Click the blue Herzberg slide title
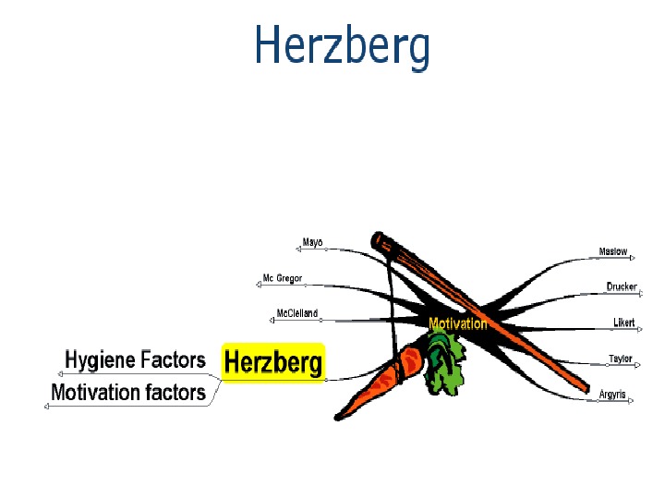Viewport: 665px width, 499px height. tap(342, 45)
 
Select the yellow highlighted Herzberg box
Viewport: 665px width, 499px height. tap(273, 361)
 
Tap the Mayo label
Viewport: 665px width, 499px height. tap(312, 243)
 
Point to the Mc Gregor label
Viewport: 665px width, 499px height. tap(282, 278)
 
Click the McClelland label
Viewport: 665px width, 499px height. tap(296, 313)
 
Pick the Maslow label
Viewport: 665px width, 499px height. tap(612, 251)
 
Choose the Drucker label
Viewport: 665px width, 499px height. tap(621, 286)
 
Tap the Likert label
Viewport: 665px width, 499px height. tap(623, 323)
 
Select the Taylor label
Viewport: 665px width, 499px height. tap(620, 359)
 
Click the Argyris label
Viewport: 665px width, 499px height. tap(611, 395)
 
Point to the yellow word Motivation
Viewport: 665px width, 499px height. tap(457, 323)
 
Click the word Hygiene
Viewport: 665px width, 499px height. tap(101, 359)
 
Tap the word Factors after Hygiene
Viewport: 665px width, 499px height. tap(172, 359)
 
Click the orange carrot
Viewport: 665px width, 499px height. tap(369, 388)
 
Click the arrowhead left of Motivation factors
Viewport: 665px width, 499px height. tap(47, 407)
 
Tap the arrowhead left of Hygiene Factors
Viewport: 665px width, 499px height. tap(61, 373)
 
